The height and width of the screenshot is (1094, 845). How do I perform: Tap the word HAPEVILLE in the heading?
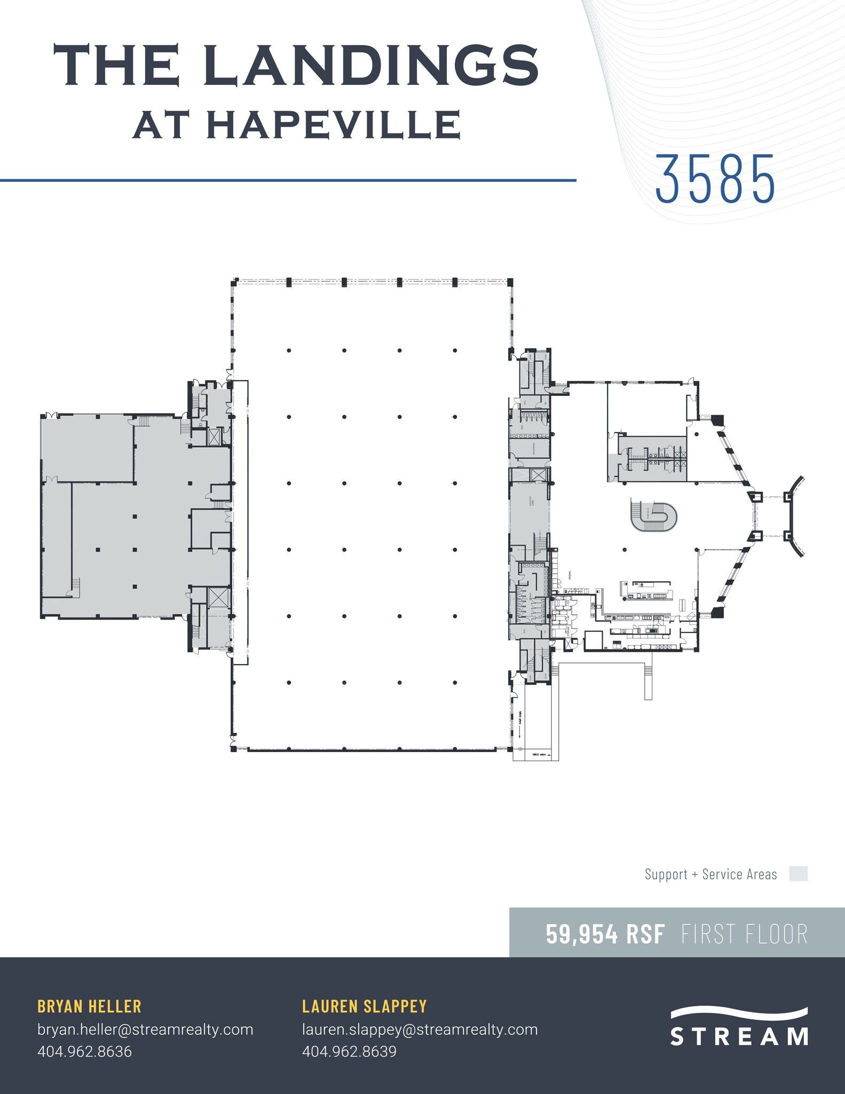pyautogui.click(x=334, y=125)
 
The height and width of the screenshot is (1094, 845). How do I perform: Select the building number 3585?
pyautogui.click(x=715, y=179)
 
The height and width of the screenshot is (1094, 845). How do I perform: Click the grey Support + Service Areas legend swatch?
pyautogui.click(x=798, y=874)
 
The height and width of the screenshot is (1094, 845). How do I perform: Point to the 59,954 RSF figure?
pyautogui.click(x=605, y=934)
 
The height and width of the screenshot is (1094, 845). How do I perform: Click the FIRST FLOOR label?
pyautogui.click(x=744, y=934)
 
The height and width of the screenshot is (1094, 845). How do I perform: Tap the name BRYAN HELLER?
pyautogui.click(x=89, y=1006)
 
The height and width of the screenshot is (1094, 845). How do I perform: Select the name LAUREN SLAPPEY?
pyautogui.click(x=365, y=1006)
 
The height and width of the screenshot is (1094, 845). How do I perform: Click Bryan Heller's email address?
pyautogui.click(x=145, y=1029)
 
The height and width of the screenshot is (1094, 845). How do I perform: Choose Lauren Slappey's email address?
pyautogui.click(x=420, y=1029)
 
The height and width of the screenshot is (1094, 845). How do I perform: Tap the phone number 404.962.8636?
pyautogui.click(x=84, y=1051)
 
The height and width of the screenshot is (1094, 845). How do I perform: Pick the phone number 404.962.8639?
pyautogui.click(x=349, y=1051)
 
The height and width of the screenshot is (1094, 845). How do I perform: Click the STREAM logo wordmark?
pyautogui.click(x=739, y=1036)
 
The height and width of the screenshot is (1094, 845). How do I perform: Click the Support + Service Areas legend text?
pyautogui.click(x=710, y=874)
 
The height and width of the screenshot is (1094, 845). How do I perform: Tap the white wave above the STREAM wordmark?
pyautogui.click(x=739, y=1013)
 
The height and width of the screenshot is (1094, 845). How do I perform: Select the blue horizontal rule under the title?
pyautogui.click(x=288, y=181)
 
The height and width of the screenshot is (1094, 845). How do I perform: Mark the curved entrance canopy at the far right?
pyautogui.click(x=796, y=517)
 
